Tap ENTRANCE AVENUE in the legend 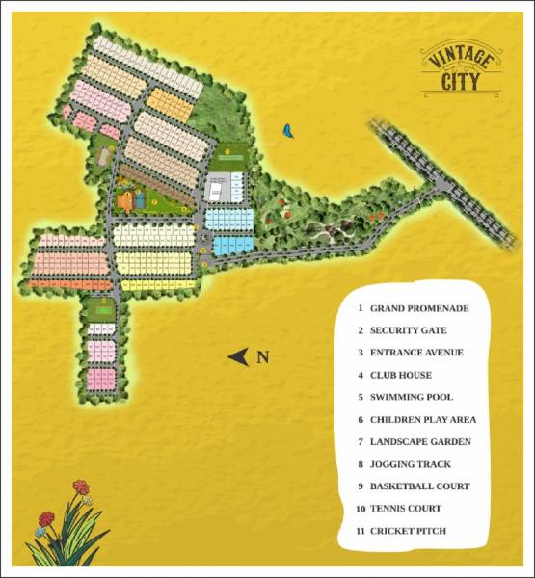point(417,353)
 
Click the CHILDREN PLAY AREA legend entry point(423,420)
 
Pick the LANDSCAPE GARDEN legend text point(420,442)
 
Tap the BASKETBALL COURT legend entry point(419,486)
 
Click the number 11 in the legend point(359,531)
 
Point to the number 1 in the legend point(359,308)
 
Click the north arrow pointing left point(237,357)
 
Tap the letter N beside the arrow point(262,357)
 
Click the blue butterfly point(287,129)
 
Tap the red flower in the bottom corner point(81,487)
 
